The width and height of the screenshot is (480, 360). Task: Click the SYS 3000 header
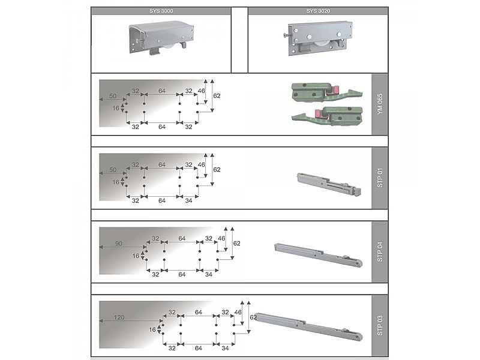point(161,11)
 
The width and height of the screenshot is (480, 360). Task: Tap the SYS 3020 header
point(318,11)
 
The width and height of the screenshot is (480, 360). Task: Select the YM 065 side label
point(380,104)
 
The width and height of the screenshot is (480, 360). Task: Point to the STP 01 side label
point(380,178)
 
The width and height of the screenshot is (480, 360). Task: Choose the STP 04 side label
point(380,251)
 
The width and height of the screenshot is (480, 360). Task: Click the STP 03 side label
point(380,325)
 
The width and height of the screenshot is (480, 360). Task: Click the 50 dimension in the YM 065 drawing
point(113,96)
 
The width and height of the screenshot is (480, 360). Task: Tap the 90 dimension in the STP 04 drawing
point(118,244)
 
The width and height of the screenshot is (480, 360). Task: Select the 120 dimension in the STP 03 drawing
point(119,317)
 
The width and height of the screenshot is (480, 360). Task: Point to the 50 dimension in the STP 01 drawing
point(113,170)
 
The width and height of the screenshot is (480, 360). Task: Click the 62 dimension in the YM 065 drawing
point(217,96)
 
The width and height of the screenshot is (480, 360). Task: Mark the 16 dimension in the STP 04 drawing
point(136,256)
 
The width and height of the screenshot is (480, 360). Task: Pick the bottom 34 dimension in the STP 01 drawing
point(188,200)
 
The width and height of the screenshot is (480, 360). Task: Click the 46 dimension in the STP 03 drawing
point(238,312)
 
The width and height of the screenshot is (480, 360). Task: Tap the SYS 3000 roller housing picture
point(161,37)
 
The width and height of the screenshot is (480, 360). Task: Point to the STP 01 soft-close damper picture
point(329,184)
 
